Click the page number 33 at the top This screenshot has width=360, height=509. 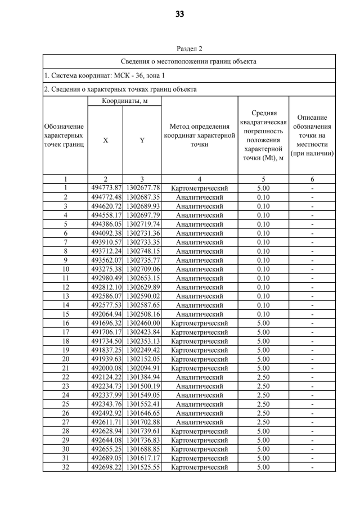pyautogui.click(x=180, y=14)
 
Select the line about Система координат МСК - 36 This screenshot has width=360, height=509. pyautogui.click(x=105, y=75)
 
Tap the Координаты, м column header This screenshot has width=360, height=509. pyautogui.click(x=124, y=101)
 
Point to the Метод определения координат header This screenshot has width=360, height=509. pyautogui.click(x=199, y=135)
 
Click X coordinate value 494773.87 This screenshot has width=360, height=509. pyautogui.click(x=106, y=188)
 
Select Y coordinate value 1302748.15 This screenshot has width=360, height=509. pyautogui.click(x=142, y=251)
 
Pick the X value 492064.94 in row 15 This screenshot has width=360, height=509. pyautogui.click(x=106, y=314)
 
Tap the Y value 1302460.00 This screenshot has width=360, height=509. pyautogui.click(x=142, y=323)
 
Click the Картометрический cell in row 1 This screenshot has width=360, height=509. pyautogui.click(x=199, y=188)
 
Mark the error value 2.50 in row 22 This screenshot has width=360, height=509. pyautogui.click(x=263, y=377)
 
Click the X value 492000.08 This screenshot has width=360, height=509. pyautogui.click(x=106, y=368)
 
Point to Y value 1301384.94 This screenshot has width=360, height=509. pyautogui.click(x=142, y=377)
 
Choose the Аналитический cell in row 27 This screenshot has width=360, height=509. pyautogui.click(x=199, y=422)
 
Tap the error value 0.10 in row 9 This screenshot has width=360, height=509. pyautogui.click(x=263, y=260)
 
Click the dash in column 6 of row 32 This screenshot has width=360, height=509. pyautogui.click(x=312, y=467)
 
